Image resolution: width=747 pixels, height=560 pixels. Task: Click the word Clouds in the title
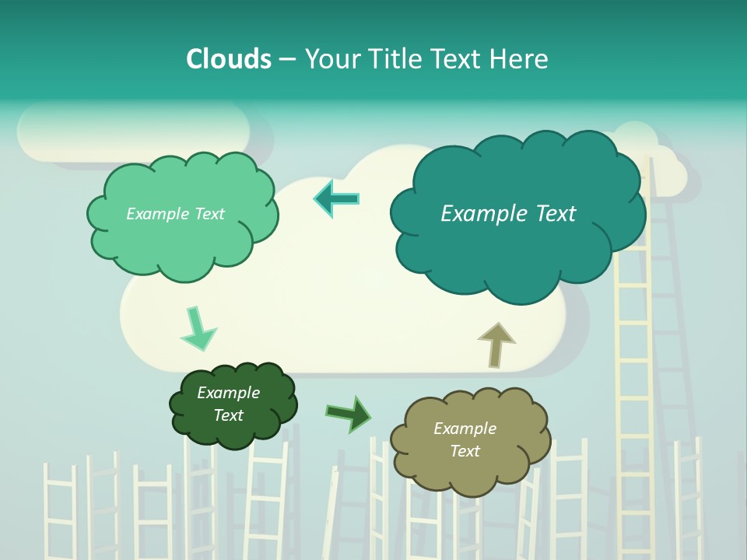pos(229,59)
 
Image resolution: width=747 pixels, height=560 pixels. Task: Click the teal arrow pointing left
pos(337,198)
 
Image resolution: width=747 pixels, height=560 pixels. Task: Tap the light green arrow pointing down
pos(198,330)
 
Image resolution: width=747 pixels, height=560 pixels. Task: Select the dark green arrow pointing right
pos(349,413)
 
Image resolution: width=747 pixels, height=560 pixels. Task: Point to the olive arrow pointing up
pos(496,344)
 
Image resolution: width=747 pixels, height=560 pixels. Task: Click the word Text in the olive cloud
pos(465,451)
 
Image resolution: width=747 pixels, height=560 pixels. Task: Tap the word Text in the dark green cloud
pos(229,415)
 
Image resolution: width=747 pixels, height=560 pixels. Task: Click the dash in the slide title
pos(287,59)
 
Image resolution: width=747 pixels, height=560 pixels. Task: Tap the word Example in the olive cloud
pos(465,429)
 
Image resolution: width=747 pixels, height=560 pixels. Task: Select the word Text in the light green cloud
pos(209,214)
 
